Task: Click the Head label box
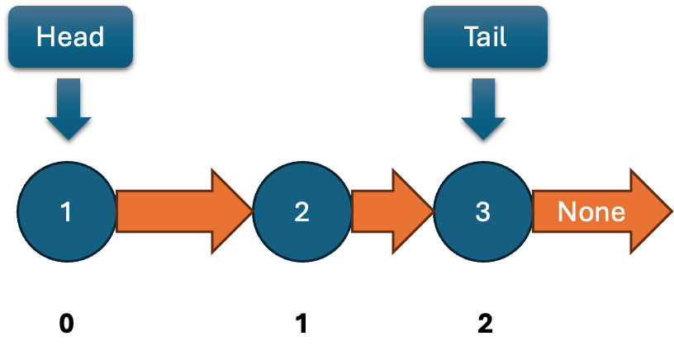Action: [70, 36]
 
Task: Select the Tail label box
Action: [486, 36]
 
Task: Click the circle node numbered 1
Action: [67, 212]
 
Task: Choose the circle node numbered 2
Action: [301, 212]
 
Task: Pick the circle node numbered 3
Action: [483, 212]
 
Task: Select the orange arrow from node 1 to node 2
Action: [182, 211]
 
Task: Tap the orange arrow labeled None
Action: [599, 211]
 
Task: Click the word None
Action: [591, 212]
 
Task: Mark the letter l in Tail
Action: [504, 36]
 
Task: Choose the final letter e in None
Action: [617, 214]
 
